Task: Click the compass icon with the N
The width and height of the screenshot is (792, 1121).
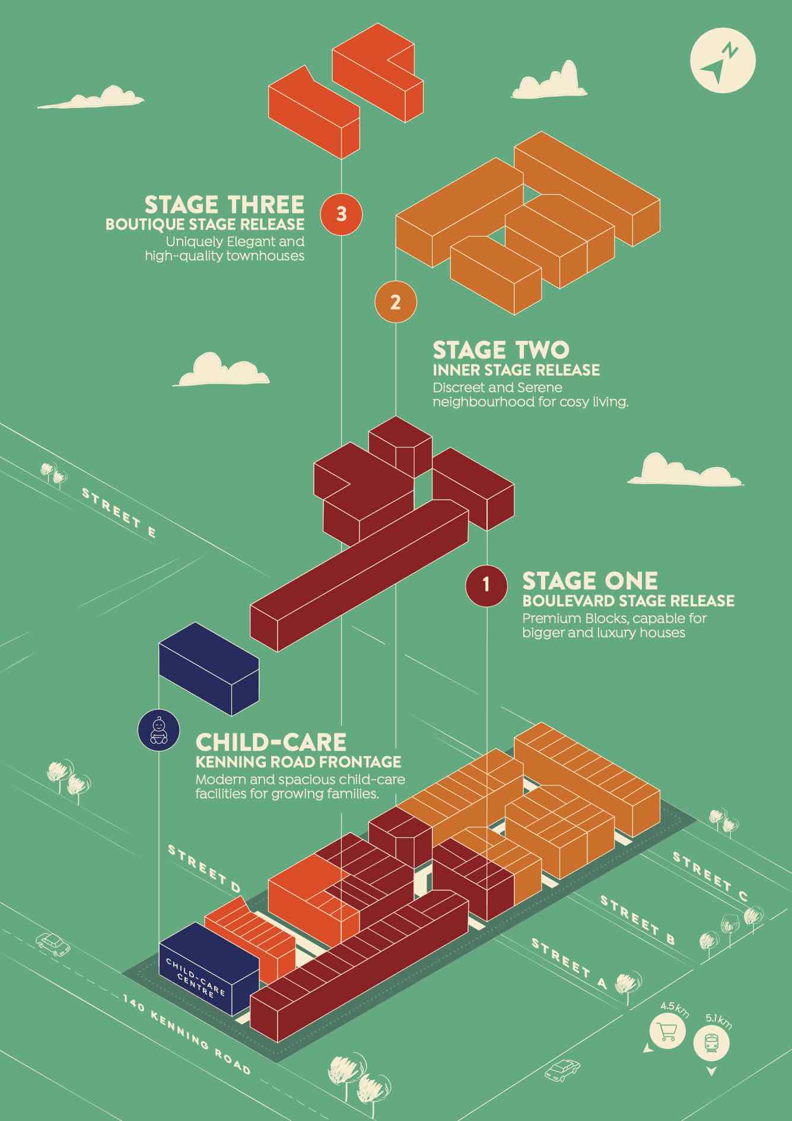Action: tap(723, 61)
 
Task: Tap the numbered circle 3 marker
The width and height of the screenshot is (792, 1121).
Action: tap(341, 214)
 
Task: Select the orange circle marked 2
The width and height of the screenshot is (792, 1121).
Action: tap(396, 302)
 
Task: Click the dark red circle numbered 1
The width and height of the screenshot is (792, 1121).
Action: tap(486, 585)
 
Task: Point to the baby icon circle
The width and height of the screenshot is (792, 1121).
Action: tap(158, 730)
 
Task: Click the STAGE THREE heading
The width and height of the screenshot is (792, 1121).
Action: tap(224, 205)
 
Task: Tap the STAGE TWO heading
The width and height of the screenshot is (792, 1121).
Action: tap(501, 350)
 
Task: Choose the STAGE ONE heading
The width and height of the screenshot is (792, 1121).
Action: tap(590, 580)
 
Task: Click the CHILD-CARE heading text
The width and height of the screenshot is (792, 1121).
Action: tap(271, 742)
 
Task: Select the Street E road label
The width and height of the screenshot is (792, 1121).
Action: tap(119, 513)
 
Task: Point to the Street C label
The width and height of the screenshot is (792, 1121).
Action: tap(710, 876)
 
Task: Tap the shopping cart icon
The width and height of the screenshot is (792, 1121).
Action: tap(667, 1034)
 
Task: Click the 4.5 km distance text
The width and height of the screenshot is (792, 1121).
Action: tap(675, 1009)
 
